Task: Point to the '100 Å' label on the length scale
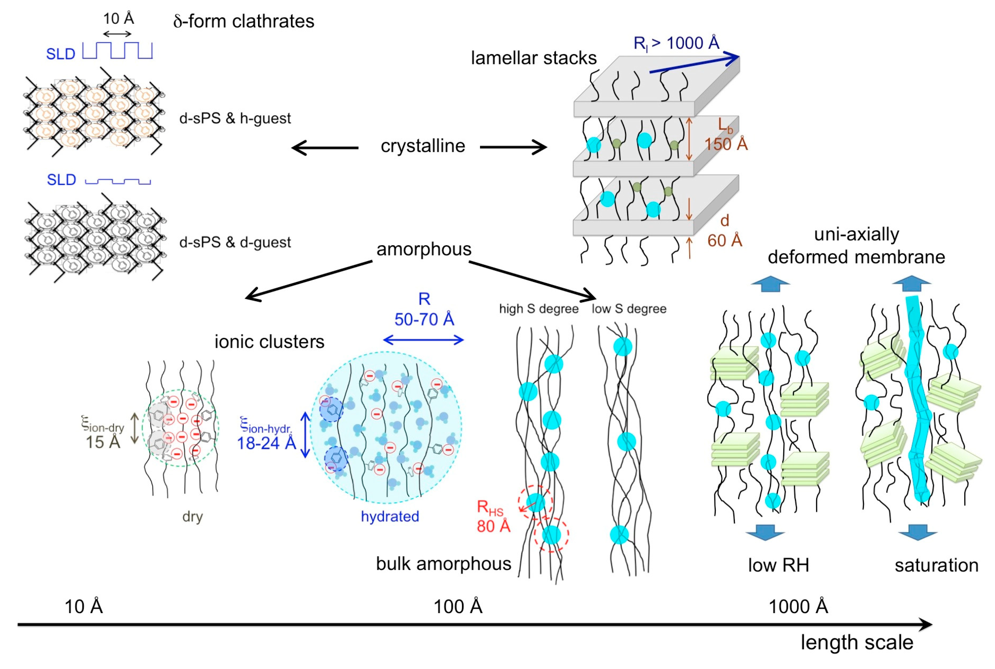click(457, 606)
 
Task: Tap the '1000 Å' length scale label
click(798, 606)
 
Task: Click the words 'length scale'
click(856, 642)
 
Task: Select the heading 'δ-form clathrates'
click(244, 21)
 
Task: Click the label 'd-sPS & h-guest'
click(235, 118)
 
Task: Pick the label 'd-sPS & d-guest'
click(235, 242)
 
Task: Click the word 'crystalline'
click(422, 146)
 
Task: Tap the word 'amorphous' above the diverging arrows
click(424, 249)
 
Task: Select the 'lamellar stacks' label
click(533, 58)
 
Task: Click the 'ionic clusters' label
click(269, 342)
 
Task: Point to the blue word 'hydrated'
click(390, 516)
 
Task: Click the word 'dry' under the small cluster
click(192, 516)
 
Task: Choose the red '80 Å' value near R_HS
click(493, 526)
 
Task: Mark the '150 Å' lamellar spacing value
click(726, 144)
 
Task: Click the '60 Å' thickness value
click(725, 241)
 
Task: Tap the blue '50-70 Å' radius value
click(424, 319)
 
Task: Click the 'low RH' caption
click(778, 565)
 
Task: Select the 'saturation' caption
click(936, 565)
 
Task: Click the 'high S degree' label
click(538, 308)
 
